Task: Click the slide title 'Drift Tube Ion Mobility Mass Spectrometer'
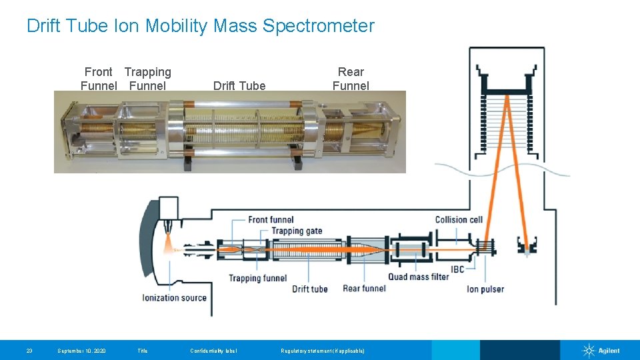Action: (x=200, y=26)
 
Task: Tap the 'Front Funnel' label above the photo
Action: (x=99, y=79)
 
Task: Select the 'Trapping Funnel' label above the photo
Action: (x=147, y=79)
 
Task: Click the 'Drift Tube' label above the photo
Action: (x=239, y=85)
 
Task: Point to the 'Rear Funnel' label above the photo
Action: (x=351, y=79)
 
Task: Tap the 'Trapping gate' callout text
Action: (x=297, y=231)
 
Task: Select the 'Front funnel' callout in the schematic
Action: (x=271, y=220)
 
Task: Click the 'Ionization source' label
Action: (x=175, y=297)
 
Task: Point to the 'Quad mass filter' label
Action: (x=419, y=277)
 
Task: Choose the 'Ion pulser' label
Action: (x=485, y=289)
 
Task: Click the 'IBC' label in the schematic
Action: (x=457, y=269)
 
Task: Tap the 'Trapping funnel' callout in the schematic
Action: (x=257, y=278)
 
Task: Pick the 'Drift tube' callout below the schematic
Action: (x=310, y=289)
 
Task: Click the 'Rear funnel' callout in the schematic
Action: (x=364, y=289)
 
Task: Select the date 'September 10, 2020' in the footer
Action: (x=81, y=351)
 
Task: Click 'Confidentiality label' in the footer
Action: (x=213, y=351)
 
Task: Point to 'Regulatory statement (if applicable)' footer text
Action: (x=323, y=351)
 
